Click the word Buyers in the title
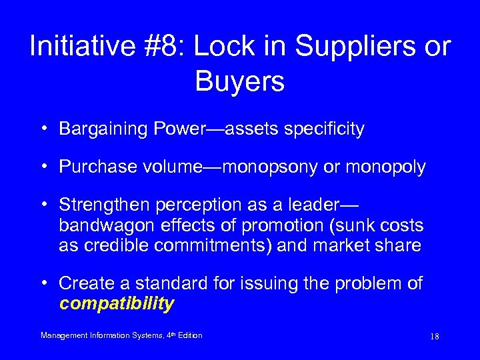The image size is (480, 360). [x=240, y=81]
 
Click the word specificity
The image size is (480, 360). [x=324, y=129]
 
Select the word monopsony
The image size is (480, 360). [x=270, y=167]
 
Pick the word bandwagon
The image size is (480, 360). [x=101, y=225]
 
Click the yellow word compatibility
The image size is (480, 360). [x=117, y=304]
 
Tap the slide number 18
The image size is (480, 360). [x=435, y=337]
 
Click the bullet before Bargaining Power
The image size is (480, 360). [x=43, y=129]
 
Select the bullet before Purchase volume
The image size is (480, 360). [x=43, y=167]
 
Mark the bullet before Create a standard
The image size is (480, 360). [x=43, y=283]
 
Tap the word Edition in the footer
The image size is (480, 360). [x=191, y=335]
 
